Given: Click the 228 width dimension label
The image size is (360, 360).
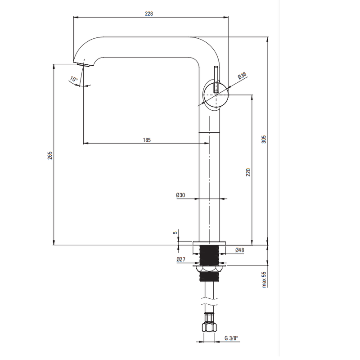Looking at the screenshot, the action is pos(149,13).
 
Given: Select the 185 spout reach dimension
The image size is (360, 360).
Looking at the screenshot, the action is pos(147,140).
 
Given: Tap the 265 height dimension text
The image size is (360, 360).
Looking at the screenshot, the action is pos(50,155).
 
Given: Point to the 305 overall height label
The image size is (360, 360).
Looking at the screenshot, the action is pos(264,139).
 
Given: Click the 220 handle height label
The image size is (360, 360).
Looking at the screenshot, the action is pos(248,172).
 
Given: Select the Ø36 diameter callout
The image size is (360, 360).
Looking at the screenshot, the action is pos(242,75).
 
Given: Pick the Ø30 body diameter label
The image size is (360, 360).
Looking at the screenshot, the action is pos(180,195).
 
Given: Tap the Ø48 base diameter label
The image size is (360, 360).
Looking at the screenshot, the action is pos(240,250).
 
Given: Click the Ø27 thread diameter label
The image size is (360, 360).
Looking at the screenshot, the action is pos(181,259).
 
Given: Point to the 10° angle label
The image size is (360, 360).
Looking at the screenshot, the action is pos(73,79).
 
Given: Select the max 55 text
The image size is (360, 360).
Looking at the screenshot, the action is pos(264,279).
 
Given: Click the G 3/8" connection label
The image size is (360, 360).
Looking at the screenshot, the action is pos(231,338).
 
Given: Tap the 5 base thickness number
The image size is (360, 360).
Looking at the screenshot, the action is pos(175,233).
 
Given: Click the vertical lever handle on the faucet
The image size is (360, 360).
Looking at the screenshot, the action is pos(216,80).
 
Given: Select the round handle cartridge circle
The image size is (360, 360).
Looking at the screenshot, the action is pos(216,94).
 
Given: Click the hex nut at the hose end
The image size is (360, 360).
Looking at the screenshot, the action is pos(209,328).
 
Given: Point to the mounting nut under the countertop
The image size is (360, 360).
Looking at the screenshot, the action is pos(209,269).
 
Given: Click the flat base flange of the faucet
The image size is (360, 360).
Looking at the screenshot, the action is pos(209,243).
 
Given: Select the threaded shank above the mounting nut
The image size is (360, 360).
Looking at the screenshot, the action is pos(209,255).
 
